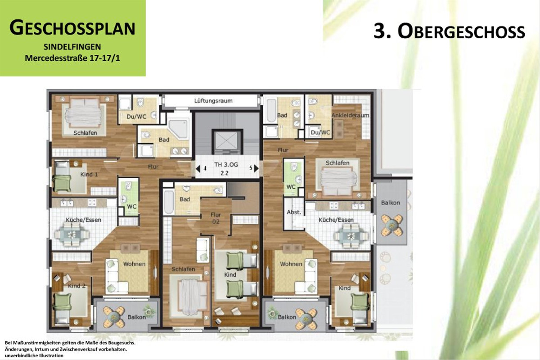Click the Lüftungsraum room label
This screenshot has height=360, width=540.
pyautogui.click(x=213, y=101)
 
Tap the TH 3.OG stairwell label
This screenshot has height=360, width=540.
pyautogui.click(x=227, y=165)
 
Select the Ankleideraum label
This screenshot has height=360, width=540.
pyautogui.click(x=350, y=115)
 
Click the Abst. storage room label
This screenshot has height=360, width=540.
pyautogui.click(x=293, y=212)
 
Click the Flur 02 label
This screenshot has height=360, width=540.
pyautogui.click(x=216, y=218)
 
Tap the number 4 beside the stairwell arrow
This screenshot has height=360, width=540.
pyautogui.click(x=205, y=168)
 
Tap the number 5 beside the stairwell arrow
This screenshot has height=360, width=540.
pyautogui.click(x=251, y=168)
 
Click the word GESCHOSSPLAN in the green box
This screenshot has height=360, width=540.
pyautogui.click(x=72, y=28)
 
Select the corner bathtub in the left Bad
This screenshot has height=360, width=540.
pyautogui.click(x=178, y=129)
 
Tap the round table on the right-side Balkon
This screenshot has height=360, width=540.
pyautogui.click(x=390, y=225)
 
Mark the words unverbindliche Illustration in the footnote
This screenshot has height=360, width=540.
pyautogui.click(x=34, y=355)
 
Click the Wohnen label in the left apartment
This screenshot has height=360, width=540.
pyautogui.click(x=134, y=264)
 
